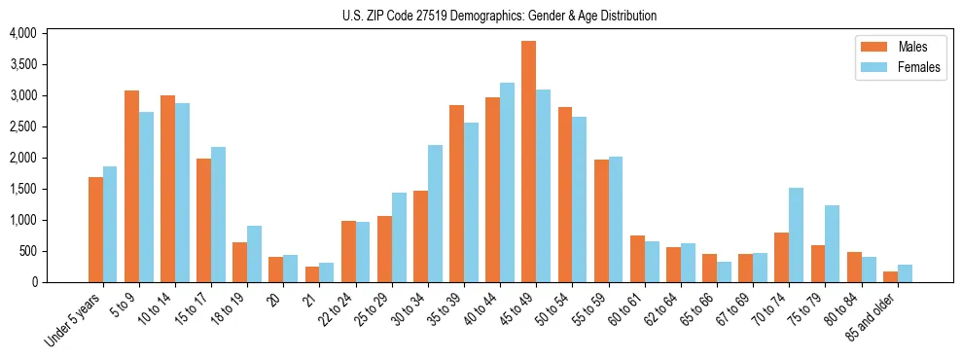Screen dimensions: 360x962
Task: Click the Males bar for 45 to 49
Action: pos(528,162)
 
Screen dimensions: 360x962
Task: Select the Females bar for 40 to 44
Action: pos(507,182)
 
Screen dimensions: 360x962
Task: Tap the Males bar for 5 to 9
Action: pos(131,186)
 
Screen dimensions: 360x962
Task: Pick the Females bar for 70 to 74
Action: pos(796,234)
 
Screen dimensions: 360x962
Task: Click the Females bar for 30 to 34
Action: pos(435,213)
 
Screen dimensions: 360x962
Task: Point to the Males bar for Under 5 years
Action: pos(95,230)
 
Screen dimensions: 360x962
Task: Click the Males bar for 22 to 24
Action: pos(348,251)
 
